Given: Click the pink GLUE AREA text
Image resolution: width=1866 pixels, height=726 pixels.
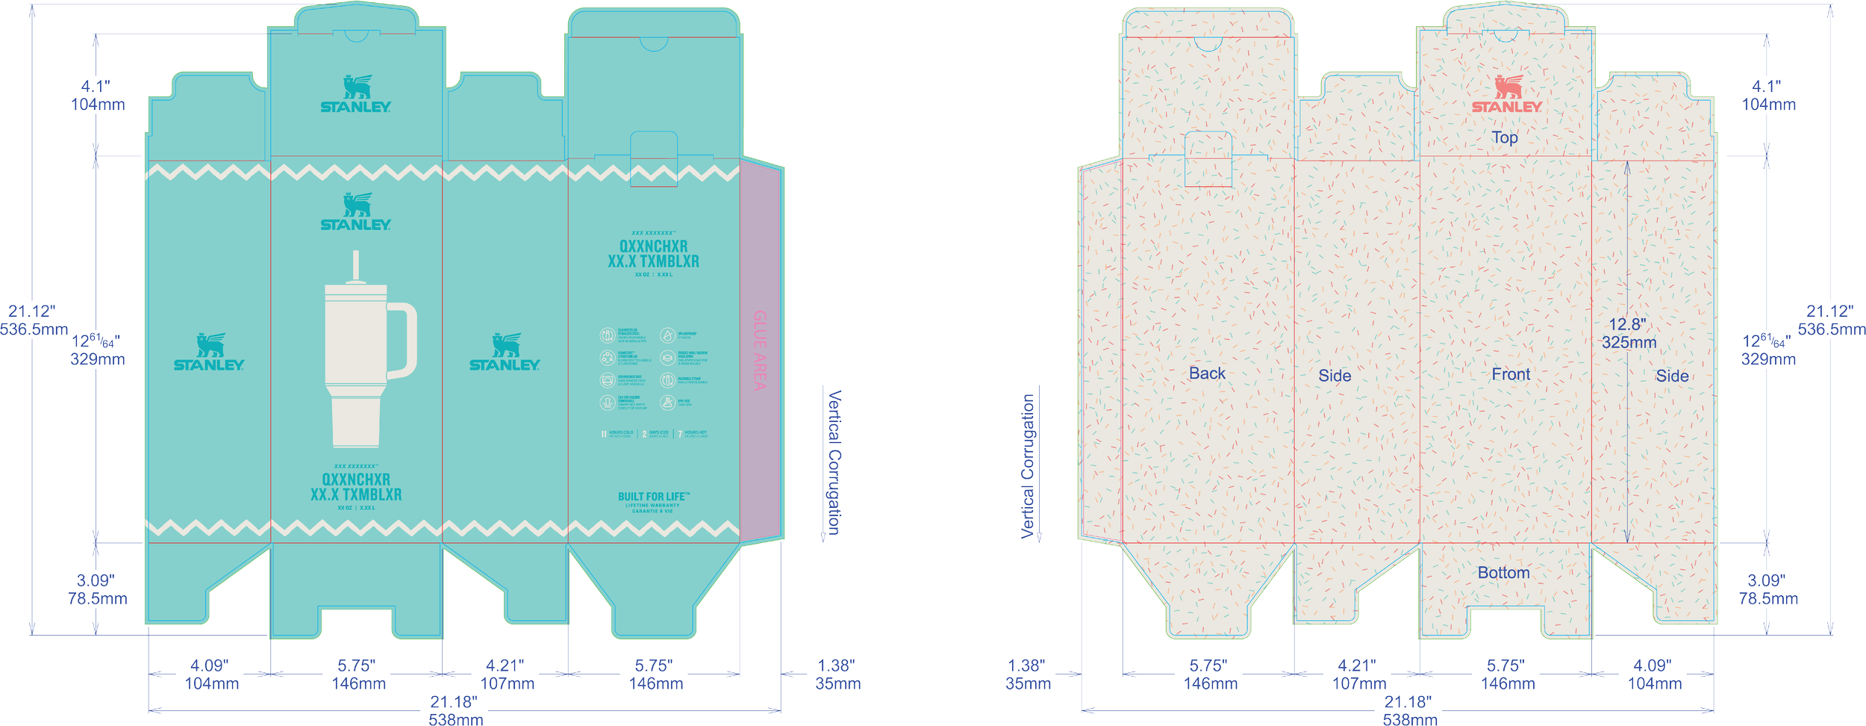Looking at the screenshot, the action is coord(760,350).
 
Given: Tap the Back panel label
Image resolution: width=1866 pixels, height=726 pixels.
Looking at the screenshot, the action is coord(1207,373).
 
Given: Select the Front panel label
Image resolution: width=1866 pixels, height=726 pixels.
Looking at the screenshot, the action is coord(1511,374).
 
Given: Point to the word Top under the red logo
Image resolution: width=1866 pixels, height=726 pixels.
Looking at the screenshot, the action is coord(1505,137).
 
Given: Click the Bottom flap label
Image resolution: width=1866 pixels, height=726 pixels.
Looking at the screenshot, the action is coord(1503,573).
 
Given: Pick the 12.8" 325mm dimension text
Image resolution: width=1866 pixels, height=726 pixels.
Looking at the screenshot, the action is coord(1629,333).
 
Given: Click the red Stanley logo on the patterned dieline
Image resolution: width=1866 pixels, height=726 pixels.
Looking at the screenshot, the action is coord(1506,95).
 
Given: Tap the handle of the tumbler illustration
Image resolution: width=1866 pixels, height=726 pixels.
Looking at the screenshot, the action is coord(404,341).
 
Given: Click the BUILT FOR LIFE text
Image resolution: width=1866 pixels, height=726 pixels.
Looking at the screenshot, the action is coord(653,497).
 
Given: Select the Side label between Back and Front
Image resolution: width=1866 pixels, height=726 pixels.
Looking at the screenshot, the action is coord(1335,376).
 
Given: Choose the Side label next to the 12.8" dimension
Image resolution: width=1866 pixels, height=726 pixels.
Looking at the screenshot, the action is coord(1672,376).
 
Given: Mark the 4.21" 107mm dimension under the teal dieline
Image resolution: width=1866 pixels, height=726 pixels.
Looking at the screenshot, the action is coord(507,674).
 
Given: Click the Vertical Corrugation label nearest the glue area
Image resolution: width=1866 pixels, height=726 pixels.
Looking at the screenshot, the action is coord(834,462).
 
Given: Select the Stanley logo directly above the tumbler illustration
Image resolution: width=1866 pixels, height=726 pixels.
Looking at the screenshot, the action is coord(355,213).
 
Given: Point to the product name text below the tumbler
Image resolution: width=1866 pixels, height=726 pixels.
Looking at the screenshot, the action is coord(356,487).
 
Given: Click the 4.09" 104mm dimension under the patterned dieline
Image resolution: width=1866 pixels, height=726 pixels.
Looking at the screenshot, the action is coord(1655,674).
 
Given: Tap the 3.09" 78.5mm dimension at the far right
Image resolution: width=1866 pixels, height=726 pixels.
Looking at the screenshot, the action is coord(1767,589).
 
